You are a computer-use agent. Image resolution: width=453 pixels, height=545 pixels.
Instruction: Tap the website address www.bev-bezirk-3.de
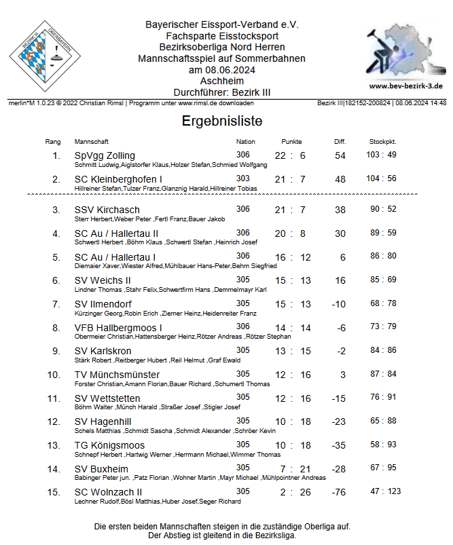(x=406, y=86)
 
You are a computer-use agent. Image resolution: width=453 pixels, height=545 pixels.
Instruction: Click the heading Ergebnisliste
(x=222, y=121)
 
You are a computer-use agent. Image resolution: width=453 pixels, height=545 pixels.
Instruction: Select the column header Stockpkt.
(x=382, y=142)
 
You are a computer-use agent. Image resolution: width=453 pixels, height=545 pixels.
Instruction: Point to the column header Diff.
(x=340, y=142)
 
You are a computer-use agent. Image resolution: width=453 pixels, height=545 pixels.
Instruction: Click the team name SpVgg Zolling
(x=105, y=155)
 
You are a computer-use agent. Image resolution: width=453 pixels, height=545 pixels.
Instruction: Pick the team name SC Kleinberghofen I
(x=118, y=179)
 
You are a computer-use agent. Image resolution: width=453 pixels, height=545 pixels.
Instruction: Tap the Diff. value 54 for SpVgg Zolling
(x=340, y=156)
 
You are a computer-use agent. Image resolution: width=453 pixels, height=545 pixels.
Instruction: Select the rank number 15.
(x=54, y=492)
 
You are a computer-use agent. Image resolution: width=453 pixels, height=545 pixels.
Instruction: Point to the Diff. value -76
(x=338, y=492)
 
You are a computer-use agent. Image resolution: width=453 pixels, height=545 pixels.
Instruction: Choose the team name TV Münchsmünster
(x=117, y=375)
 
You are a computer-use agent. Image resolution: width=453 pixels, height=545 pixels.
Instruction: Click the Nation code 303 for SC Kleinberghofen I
(x=242, y=178)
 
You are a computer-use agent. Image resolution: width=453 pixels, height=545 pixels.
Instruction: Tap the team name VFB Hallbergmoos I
(x=118, y=327)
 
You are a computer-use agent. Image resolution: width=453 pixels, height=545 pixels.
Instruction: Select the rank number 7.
(x=56, y=304)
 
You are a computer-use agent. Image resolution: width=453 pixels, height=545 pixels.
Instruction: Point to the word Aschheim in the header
(x=222, y=80)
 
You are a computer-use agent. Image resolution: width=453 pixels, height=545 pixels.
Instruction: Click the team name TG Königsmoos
(x=109, y=445)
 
